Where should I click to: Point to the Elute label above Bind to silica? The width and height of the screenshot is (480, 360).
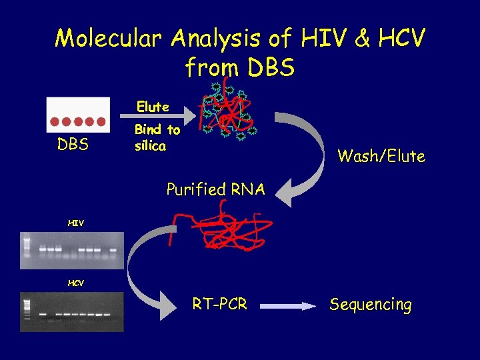click(x=153, y=107)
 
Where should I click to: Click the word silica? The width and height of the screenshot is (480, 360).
click(x=150, y=145)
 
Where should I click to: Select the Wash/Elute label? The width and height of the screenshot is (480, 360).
click(x=381, y=157)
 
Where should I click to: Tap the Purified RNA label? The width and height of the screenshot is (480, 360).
click(x=215, y=190)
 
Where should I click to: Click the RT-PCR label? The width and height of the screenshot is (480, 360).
click(x=219, y=305)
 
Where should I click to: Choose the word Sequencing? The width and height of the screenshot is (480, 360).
click(x=370, y=305)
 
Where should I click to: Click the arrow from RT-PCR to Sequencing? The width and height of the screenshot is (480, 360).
click(x=287, y=306)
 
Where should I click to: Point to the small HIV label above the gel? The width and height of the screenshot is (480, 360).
click(x=75, y=223)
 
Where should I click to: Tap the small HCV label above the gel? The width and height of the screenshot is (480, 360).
click(x=75, y=283)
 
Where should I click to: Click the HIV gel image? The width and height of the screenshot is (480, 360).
click(x=72, y=250)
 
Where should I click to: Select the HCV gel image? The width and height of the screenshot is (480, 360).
click(x=72, y=311)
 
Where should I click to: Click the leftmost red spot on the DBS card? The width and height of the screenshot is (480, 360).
click(x=56, y=122)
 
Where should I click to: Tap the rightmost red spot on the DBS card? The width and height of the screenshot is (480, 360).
click(x=101, y=122)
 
